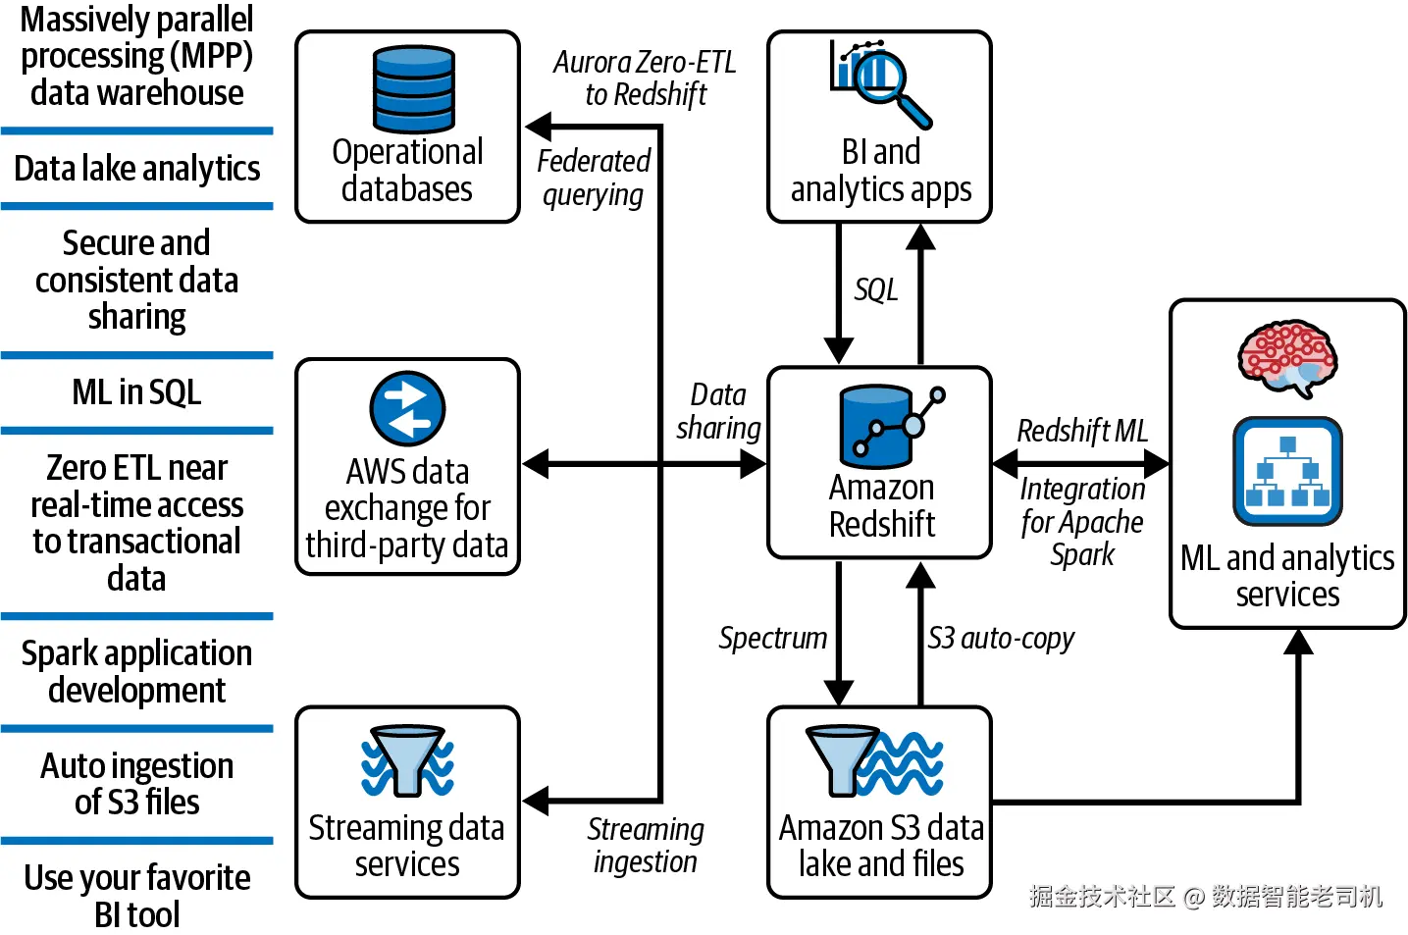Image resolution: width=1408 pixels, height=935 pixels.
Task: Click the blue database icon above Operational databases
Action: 413,88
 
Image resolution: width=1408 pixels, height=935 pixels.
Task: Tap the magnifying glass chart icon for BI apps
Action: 879,83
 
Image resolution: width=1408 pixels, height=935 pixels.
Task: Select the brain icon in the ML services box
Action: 1287,356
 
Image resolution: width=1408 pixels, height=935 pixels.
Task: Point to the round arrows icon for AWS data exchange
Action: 407,409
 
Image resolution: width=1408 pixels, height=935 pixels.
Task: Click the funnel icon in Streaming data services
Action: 407,760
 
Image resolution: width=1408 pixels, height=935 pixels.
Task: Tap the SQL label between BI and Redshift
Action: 876,290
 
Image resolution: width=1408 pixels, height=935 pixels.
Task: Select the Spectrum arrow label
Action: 773,639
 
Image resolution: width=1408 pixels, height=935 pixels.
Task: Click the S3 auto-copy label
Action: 1001,639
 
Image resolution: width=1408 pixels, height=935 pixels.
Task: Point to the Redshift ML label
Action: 1082,431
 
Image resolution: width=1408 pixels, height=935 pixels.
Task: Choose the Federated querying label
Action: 594,178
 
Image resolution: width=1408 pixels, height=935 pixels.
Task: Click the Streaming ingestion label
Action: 646,845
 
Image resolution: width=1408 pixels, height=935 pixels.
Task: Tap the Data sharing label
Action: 718,411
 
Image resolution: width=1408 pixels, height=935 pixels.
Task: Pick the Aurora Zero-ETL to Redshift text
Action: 645,78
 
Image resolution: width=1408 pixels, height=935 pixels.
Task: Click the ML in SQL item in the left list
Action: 136,392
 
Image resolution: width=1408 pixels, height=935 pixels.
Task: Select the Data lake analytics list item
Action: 136,169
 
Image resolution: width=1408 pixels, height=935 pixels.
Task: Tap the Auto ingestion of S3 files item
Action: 136,784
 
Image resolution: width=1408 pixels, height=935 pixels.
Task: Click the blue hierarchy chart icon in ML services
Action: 1287,472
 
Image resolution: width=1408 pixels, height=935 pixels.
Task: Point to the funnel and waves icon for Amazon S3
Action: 874,761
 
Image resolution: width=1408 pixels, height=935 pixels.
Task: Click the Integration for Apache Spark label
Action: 1082,521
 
